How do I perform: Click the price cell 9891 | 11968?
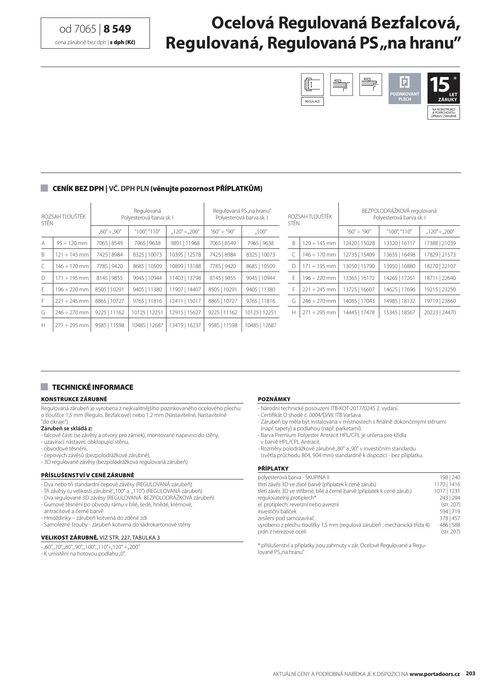pos(185,243)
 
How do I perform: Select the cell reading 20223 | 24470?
pos(440,312)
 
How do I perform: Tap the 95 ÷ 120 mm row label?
pos(72,243)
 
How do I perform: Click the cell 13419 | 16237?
pos(185,325)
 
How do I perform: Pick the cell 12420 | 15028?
pos(359,243)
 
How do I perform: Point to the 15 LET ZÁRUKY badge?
pos(444,88)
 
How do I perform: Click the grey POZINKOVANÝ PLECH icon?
pos(405,88)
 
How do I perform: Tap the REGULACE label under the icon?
pos(312,102)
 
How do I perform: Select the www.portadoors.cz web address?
pos(435,665)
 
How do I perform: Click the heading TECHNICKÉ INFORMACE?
pos(92,387)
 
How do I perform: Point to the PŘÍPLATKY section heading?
pos(273,469)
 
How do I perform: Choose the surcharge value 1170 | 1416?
pos(447,484)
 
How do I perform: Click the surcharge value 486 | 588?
pos(449,525)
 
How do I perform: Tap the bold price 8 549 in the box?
pos(117,29)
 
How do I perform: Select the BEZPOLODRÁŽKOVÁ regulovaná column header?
pos(399,211)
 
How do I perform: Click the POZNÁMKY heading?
pos(274,399)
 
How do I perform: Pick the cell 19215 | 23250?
pos(440,289)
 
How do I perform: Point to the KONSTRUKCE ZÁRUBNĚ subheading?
pos(74,399)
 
